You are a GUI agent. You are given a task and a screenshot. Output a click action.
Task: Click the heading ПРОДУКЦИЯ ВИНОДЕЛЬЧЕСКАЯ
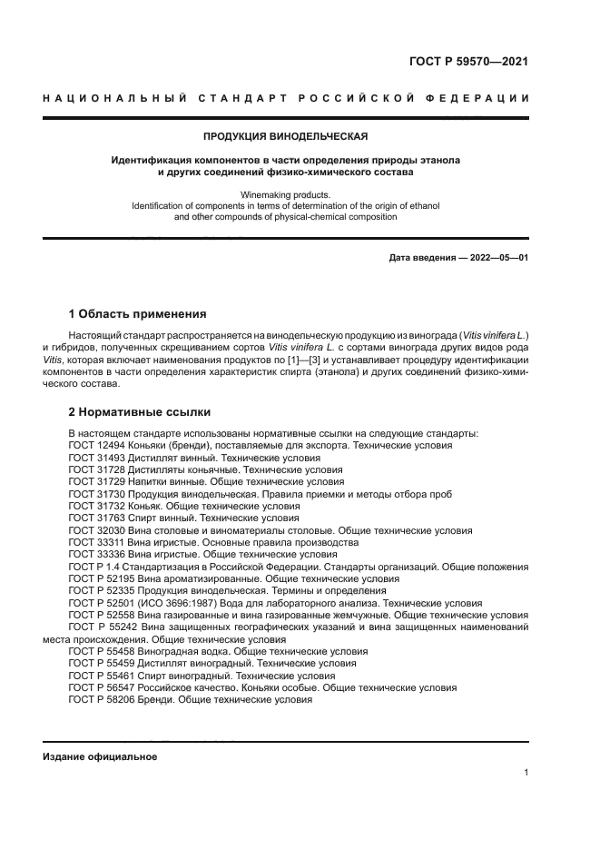(285, 136)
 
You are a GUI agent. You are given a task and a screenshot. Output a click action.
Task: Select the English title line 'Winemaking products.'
(285, 194)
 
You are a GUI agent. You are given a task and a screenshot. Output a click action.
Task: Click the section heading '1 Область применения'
(137, 314)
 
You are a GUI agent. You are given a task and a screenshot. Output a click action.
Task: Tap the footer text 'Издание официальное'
(100, 756)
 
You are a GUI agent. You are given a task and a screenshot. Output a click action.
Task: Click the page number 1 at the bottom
(526, 773)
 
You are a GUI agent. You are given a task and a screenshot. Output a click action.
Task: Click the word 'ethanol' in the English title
(422, 206)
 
